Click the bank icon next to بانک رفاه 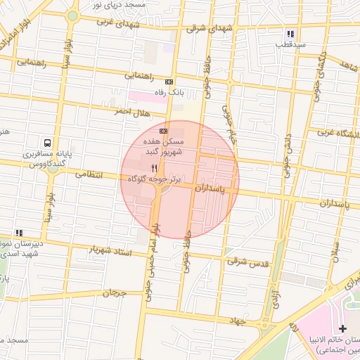(x=169, y=82)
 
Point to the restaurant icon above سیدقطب (x=290, y=33)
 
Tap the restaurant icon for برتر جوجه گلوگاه (x=155, y=168)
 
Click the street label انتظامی (x=89, y=174)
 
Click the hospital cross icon (x=342, y=329)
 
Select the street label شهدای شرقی (x=206, y=30)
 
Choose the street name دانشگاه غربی (x=335, y=132)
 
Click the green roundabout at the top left (x=72, y=15)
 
